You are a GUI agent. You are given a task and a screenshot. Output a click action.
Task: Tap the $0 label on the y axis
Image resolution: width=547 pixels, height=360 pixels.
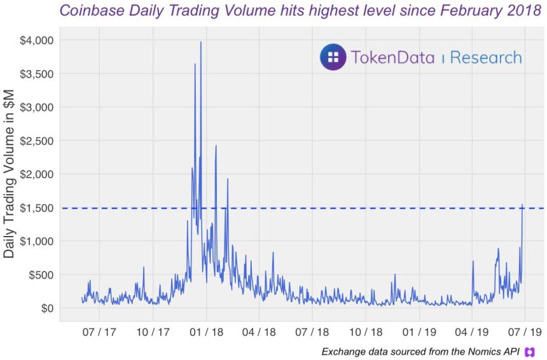coord(47,308)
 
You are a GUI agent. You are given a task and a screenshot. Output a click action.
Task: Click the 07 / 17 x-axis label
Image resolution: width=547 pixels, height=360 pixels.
coord(99,332)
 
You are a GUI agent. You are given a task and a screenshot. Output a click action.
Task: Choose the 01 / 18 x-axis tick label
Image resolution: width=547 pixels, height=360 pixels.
coord(206,332)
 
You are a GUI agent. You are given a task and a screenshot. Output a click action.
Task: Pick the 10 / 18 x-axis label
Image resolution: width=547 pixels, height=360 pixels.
coord(365,332)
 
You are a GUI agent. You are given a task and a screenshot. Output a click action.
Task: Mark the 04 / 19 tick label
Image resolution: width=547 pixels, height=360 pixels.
coord(472,332)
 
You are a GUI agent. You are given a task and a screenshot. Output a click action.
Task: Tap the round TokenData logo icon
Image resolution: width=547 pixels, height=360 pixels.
coord(333,57)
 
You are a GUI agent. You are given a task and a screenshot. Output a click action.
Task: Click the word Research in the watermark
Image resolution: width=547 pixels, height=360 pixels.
coord(486,58)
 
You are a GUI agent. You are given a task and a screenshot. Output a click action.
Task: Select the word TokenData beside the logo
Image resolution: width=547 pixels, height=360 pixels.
coord(392,58)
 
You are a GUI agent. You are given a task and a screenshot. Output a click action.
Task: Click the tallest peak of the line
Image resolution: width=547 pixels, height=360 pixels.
coord(201,43)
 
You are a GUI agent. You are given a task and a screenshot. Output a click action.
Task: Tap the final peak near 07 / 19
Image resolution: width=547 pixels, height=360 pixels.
coord(522,205)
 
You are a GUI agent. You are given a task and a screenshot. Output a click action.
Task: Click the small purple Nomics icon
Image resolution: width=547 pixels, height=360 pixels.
coord(529,352)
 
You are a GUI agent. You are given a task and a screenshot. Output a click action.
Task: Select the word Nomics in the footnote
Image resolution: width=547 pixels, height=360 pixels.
coord(475,352)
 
